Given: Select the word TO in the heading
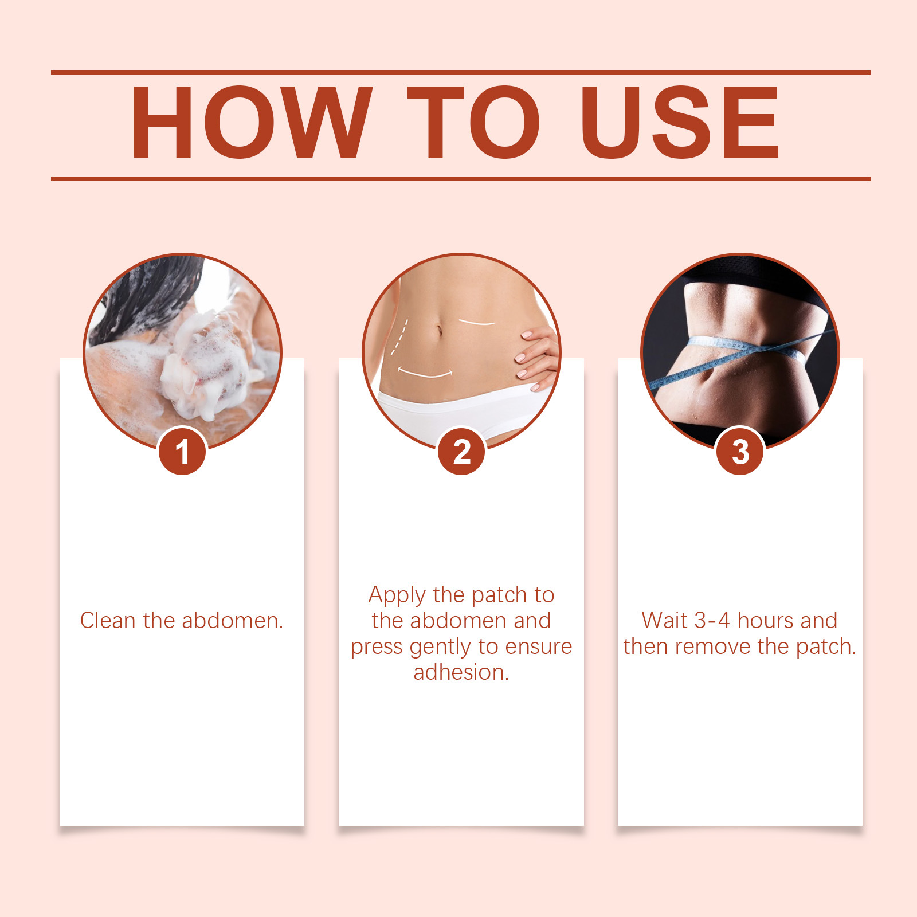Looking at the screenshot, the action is [x=473, y=122].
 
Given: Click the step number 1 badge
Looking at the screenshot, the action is [x=182, y=452].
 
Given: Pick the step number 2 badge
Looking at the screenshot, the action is [x=461, y=452].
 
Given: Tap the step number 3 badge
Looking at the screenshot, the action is [x=740, y=452].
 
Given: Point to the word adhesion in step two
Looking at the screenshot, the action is [x=461, y=672].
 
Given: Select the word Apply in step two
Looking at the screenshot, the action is [x=397, y=596].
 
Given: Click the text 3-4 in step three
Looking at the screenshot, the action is [x=712, y=620].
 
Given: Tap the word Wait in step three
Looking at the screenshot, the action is [x=664, y=620].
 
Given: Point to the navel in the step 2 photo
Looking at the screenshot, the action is [x=440, y=331].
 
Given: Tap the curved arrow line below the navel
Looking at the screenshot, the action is [x=425, y=375].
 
